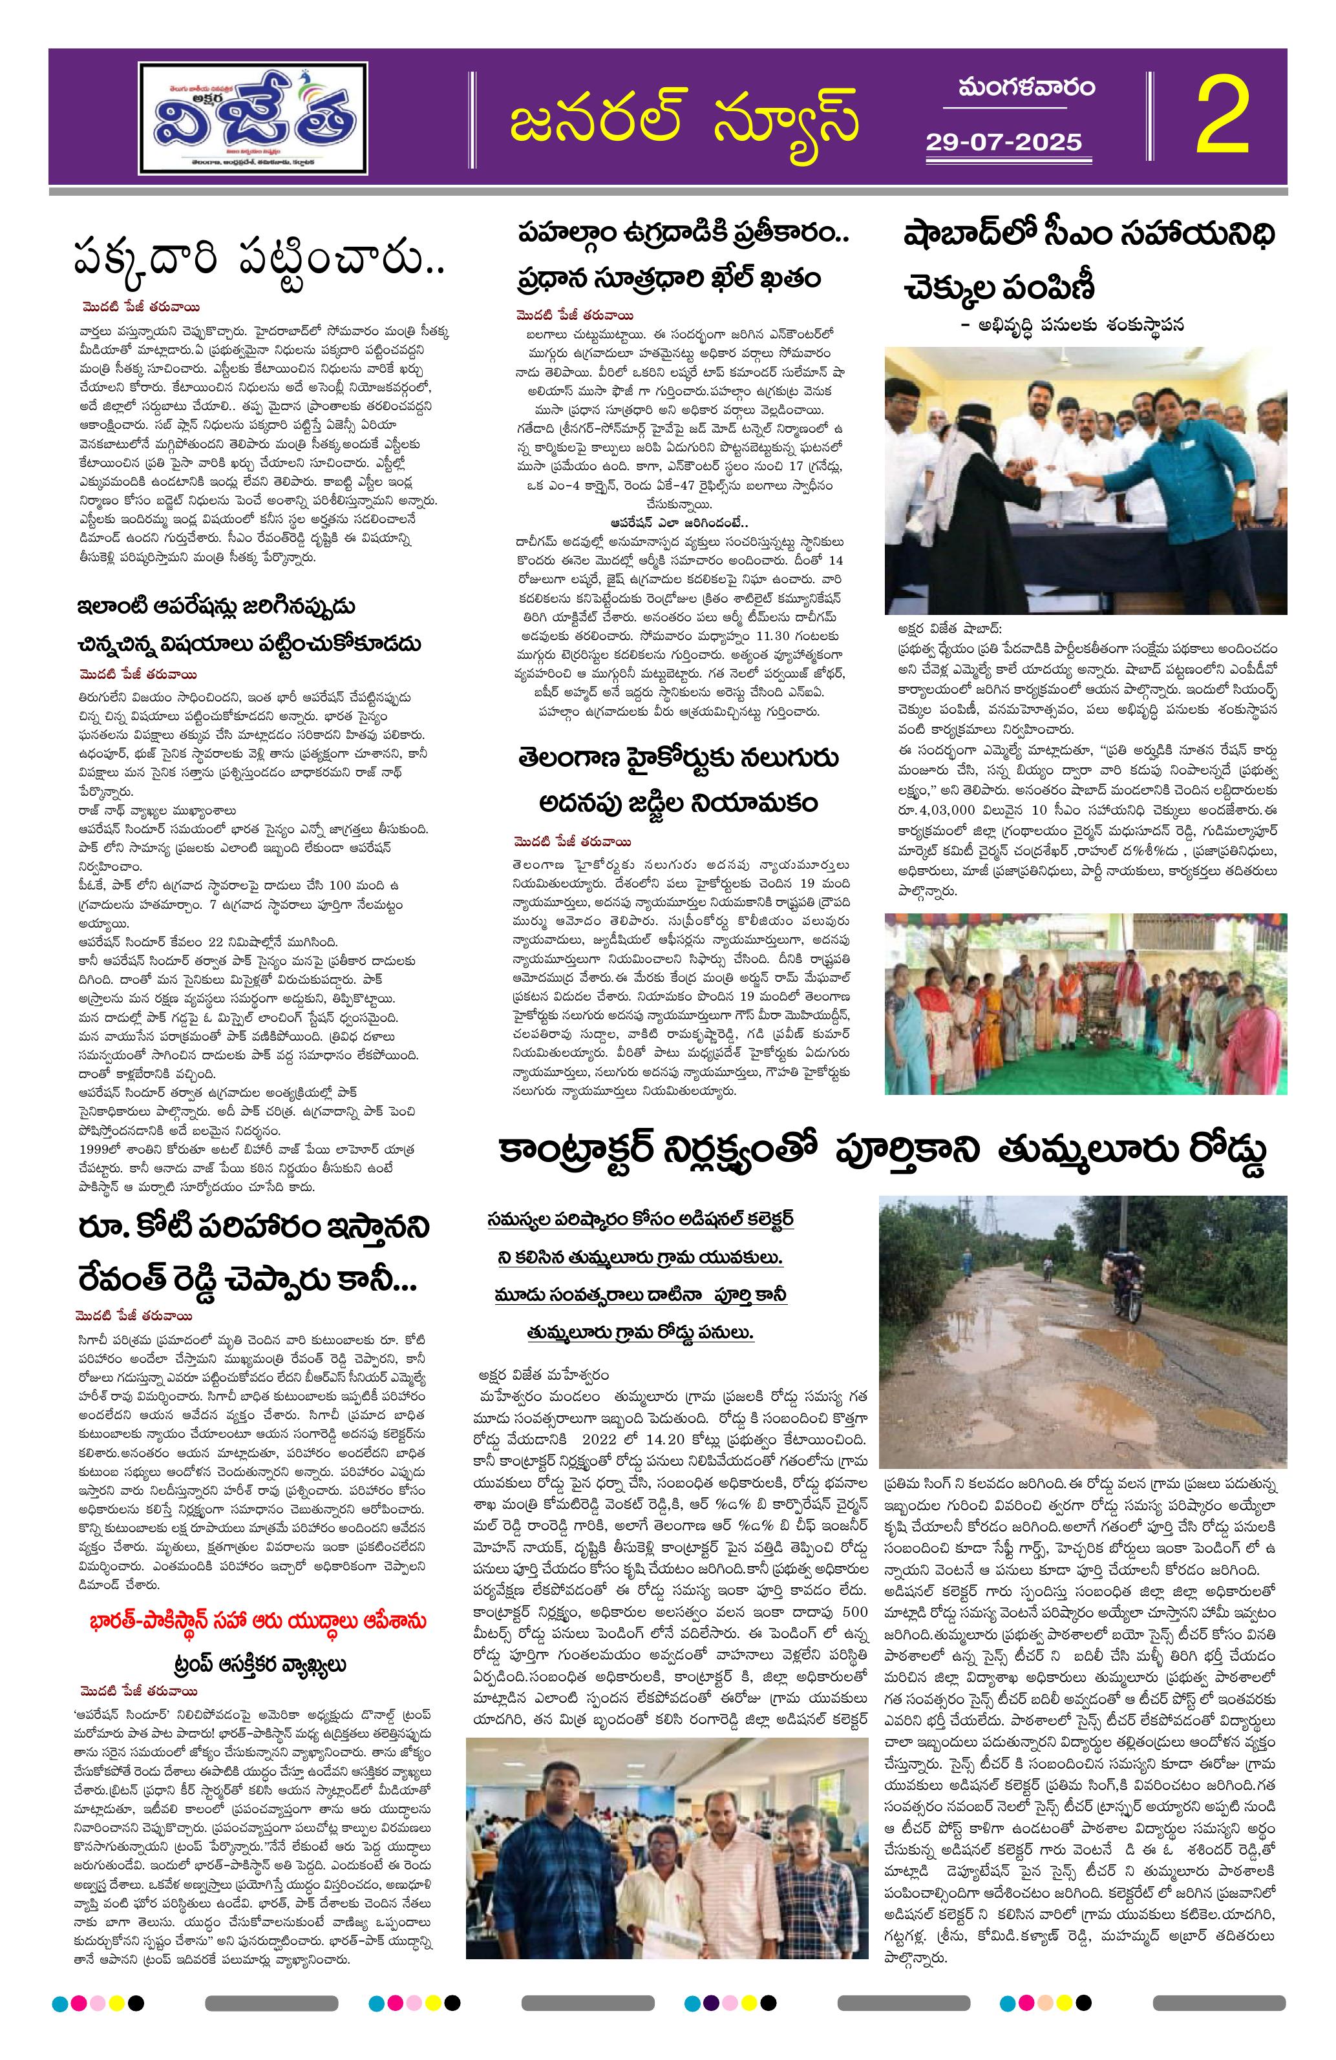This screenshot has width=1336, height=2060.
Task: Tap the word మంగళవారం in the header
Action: (1026, 89)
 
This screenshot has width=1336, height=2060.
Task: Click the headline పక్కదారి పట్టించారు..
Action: (259, 260)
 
